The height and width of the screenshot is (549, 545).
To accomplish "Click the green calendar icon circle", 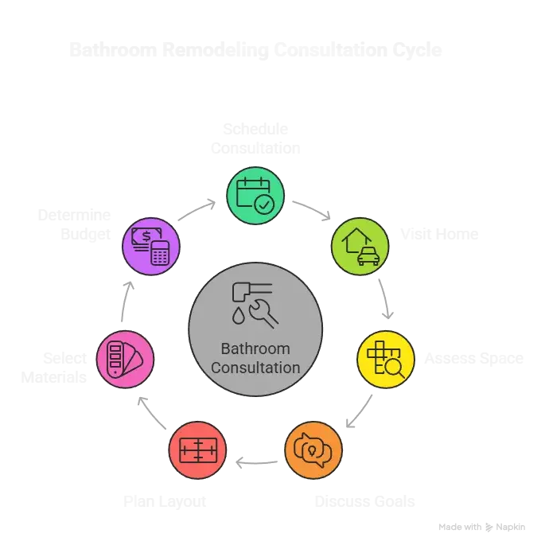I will [255, 194].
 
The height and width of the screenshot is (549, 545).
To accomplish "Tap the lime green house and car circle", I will [360, 246].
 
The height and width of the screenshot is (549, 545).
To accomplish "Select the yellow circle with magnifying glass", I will [386, 359].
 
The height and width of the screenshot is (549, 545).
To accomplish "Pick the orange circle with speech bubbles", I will [313, 450].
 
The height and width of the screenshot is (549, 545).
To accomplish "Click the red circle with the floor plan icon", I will [197, 450].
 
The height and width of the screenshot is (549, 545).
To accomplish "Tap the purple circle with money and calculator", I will [150, 246].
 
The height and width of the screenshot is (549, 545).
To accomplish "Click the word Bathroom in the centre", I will [255, 349].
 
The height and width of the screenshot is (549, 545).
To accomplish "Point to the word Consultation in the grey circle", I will [255, 368].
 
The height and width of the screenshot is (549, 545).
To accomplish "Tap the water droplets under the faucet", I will [239, 316].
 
